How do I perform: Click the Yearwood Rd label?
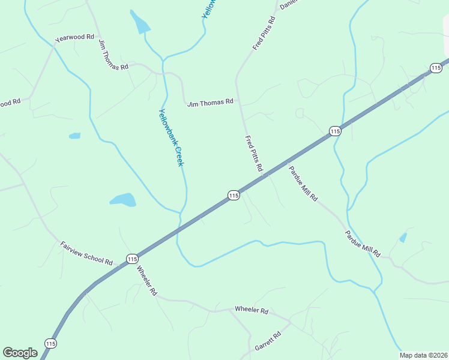(x=75, y=37)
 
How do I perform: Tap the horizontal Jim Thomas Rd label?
(x=210, y=103)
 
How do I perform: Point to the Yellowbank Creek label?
(x=170, y=137)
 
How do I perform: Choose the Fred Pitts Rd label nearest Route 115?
(x=254, y=154)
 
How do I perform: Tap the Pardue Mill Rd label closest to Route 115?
(x=303, y=184)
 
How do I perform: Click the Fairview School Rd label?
(x=86, y=254)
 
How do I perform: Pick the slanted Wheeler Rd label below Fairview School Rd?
(x=146, y=280)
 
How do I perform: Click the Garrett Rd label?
(x=268, y=342)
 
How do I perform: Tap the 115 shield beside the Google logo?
(x=50, y=343)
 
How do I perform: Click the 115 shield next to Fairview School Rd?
(x=132, y=259)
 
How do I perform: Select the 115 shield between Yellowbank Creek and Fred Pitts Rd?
(x=234, y=195)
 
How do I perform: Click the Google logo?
(x=20, y=353)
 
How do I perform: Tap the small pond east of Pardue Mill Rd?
(x=403, y=238)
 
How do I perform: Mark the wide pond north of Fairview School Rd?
(x=123, y=199)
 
